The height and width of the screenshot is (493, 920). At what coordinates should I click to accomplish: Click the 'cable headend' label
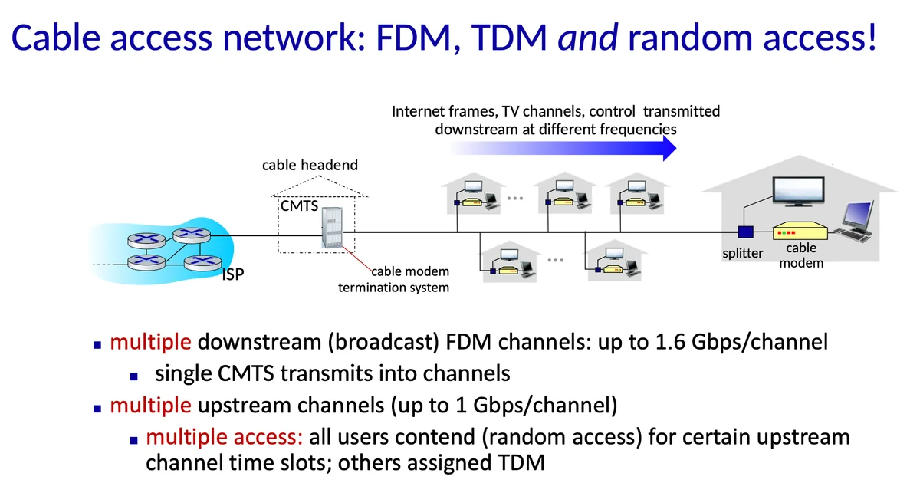tap(310, 165)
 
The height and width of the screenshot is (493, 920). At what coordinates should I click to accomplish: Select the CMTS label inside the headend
tap(299, 205)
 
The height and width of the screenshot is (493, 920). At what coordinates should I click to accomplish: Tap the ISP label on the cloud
tap(233, 274)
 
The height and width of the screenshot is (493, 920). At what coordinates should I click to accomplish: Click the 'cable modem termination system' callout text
tap(394, 280)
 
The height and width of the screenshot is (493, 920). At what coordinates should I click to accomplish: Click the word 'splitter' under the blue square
tap(743, 253)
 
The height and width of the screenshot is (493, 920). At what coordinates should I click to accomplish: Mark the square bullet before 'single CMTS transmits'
tap(134, 376)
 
